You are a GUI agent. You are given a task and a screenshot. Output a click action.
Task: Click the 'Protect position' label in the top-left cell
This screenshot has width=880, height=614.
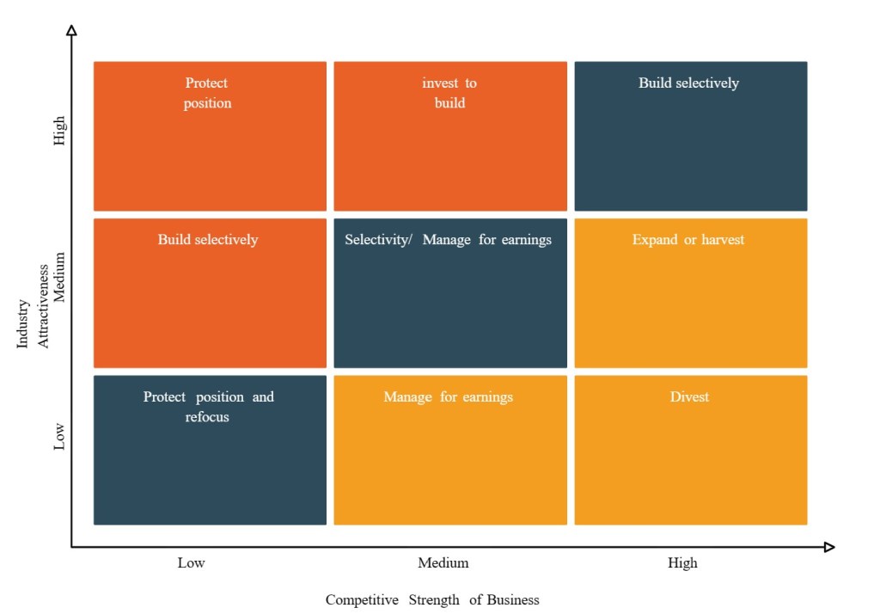pos(208,93)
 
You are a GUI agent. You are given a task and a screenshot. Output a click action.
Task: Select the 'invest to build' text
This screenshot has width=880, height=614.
pos(449,93)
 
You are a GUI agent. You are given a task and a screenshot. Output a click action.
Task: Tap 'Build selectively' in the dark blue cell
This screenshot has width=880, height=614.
pos(688,83)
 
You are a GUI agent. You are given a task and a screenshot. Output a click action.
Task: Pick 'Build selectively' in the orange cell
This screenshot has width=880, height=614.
pos(208,240)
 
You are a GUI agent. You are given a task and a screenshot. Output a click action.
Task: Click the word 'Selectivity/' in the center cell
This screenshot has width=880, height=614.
pos(379,240)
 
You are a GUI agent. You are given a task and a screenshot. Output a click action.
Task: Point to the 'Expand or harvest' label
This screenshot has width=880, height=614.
pos(688,240)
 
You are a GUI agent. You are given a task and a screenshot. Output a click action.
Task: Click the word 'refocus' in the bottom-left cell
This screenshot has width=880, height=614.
pos(207,417)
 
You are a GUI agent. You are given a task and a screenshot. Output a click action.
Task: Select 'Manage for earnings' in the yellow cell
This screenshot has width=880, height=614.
pos(448,396)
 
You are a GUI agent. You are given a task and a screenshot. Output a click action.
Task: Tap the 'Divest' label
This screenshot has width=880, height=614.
pos(689,396)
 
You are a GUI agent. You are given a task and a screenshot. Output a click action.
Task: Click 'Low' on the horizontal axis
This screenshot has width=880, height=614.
pos(192,563)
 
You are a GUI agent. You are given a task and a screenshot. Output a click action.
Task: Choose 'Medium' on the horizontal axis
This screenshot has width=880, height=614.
pos(443,563)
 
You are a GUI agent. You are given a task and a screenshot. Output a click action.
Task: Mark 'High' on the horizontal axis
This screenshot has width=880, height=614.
pos(683,563)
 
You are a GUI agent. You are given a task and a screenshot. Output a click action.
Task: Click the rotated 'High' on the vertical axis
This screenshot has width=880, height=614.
pos(59,130)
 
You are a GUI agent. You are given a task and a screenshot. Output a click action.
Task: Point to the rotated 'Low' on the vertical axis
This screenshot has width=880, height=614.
pos(59,436)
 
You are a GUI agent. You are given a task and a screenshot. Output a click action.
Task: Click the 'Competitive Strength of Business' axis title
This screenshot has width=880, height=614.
pos(432,599)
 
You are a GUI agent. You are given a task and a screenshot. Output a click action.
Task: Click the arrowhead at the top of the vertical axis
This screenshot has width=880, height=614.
pos(71,30)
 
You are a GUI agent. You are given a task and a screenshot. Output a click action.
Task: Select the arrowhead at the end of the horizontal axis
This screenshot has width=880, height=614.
pos(829,547)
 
